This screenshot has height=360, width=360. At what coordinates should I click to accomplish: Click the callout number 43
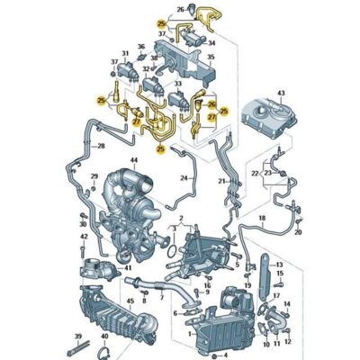pos(282,94)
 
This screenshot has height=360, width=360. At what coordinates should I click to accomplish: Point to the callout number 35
pos(211,57)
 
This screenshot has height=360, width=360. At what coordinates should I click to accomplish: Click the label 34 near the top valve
pos(211,41)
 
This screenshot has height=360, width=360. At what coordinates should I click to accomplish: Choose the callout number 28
pos(102,145)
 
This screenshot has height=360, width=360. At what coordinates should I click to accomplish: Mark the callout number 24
pos(184,178)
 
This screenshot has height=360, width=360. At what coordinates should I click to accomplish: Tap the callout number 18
pos(262,219)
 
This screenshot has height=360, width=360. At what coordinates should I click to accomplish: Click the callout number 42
pos(83,238)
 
